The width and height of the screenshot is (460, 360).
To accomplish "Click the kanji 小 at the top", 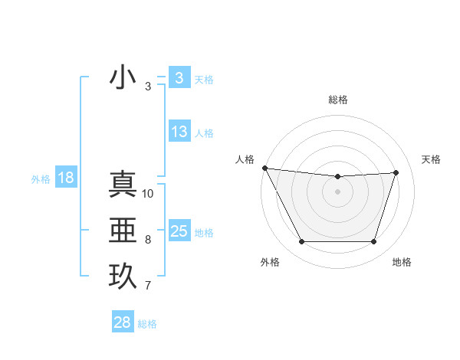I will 123,78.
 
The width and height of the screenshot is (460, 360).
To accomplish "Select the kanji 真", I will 123,185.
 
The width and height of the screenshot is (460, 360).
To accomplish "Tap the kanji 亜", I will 123,231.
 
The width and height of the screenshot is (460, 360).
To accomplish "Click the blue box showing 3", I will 179,78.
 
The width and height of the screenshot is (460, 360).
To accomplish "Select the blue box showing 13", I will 179,132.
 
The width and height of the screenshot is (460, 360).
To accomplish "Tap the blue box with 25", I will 179,231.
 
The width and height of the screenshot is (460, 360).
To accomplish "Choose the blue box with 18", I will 66,178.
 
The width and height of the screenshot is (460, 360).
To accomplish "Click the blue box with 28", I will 122,322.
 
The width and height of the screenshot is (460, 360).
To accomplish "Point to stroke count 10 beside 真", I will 148,194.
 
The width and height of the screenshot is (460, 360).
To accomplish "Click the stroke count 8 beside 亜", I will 148,240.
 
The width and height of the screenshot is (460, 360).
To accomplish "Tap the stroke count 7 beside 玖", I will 148,286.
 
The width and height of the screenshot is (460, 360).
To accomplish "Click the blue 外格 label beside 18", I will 41,179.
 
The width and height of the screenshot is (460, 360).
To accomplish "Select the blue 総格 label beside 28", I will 147,324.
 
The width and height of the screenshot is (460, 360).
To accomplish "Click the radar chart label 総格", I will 338,100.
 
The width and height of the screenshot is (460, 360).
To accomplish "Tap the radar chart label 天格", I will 432,159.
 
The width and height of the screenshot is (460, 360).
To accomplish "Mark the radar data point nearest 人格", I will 264,168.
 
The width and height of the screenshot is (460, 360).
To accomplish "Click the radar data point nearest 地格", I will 374,242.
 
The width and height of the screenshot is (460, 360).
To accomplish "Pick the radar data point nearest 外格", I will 301,242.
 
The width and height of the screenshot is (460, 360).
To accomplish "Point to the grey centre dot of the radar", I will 338,191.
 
